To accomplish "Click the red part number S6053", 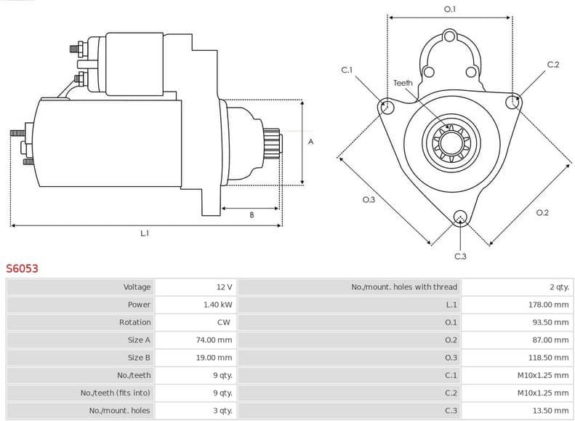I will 23,268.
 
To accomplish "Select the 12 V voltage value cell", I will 224,287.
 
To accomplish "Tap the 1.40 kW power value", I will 217,305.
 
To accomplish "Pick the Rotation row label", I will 135,322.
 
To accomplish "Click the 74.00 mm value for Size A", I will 216,340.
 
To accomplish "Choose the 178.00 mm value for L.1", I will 548,305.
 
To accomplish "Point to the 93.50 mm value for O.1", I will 550,322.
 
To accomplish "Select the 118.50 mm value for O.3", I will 548,357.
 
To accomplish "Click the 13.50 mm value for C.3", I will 550,410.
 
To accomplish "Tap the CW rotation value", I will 224,322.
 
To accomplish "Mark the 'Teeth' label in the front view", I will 403,83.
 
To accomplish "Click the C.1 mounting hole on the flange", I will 387,108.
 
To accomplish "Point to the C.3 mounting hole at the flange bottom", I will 459,217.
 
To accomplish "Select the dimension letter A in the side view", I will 310,142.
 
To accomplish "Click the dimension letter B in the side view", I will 252,214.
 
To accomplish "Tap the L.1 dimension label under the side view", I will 145,233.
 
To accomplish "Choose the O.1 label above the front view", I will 450,9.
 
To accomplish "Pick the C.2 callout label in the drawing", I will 552,65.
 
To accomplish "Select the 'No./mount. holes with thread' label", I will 404,287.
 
